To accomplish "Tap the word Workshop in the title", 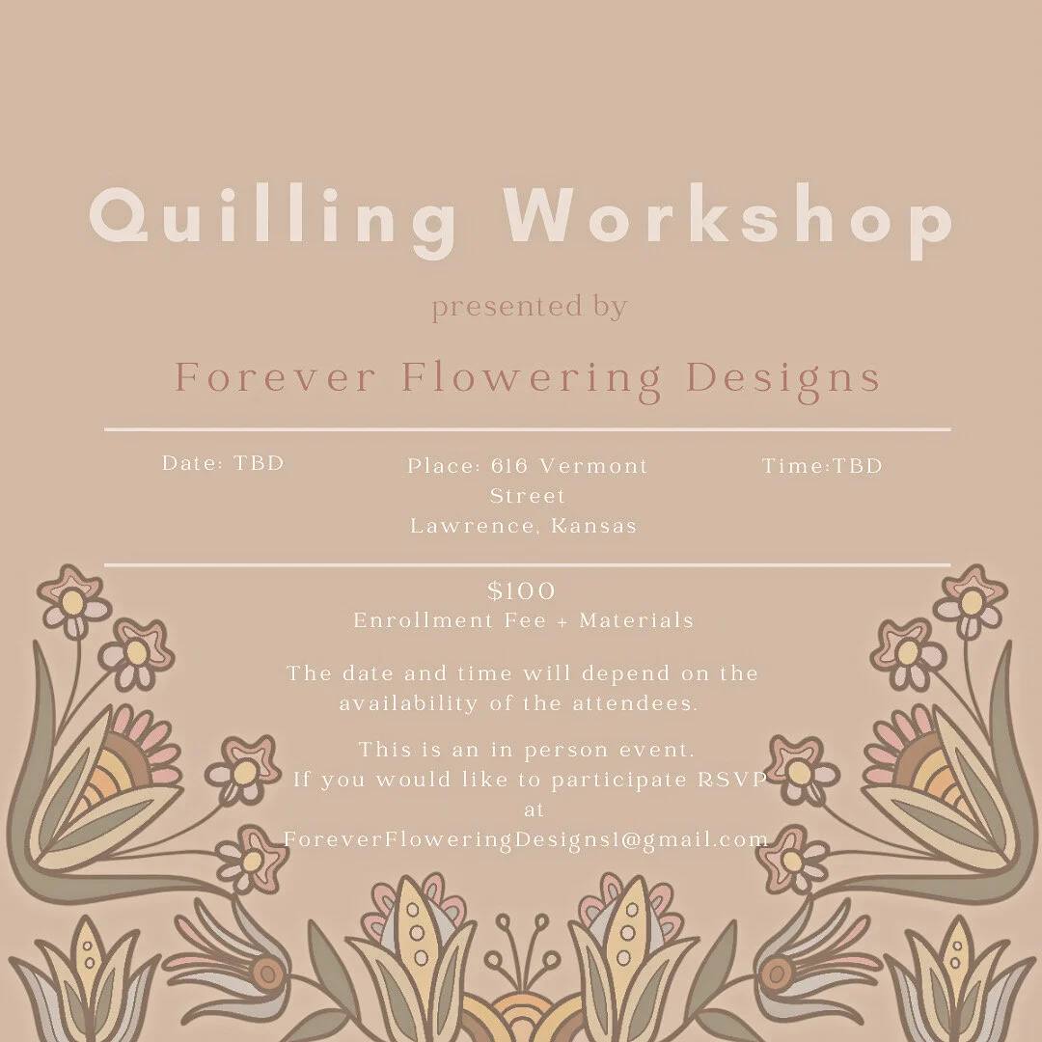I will click(x=728, y=218).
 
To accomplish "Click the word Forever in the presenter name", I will click(x=274, y=377).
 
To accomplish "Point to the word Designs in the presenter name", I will click(x=783, y=377).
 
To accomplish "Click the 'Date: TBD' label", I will click(x=223, y=463).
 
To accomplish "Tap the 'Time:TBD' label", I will click(x=822, y=466).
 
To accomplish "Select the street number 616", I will click(x=509, y=466).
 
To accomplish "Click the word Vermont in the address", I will click(x=593, y=466).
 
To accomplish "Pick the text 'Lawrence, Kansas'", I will click(x=524, y=527).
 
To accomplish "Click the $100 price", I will click(x=522, y=590).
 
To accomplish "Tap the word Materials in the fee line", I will click(x=637, y=620).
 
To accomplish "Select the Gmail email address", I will click(x=526, y=839).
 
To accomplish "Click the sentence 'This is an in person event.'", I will click(x=527, y=750).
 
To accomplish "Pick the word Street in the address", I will click(x=528, y=496).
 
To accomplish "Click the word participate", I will click(x=608, y=780).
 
